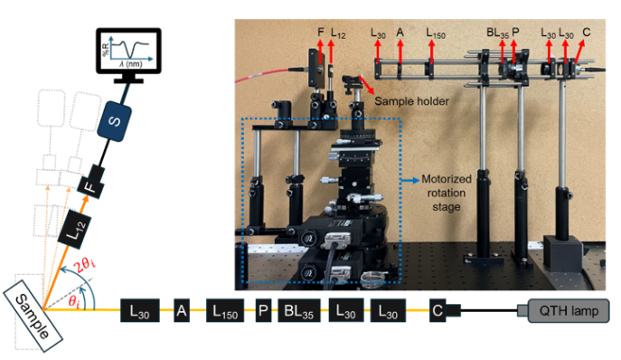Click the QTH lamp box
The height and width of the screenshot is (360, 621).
569,312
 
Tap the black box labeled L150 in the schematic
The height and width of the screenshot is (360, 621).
225,312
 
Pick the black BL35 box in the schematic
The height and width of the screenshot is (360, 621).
299,312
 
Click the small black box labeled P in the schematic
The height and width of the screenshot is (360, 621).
263,312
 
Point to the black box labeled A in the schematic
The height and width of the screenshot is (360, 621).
181,312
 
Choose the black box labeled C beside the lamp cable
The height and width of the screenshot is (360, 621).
437,312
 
